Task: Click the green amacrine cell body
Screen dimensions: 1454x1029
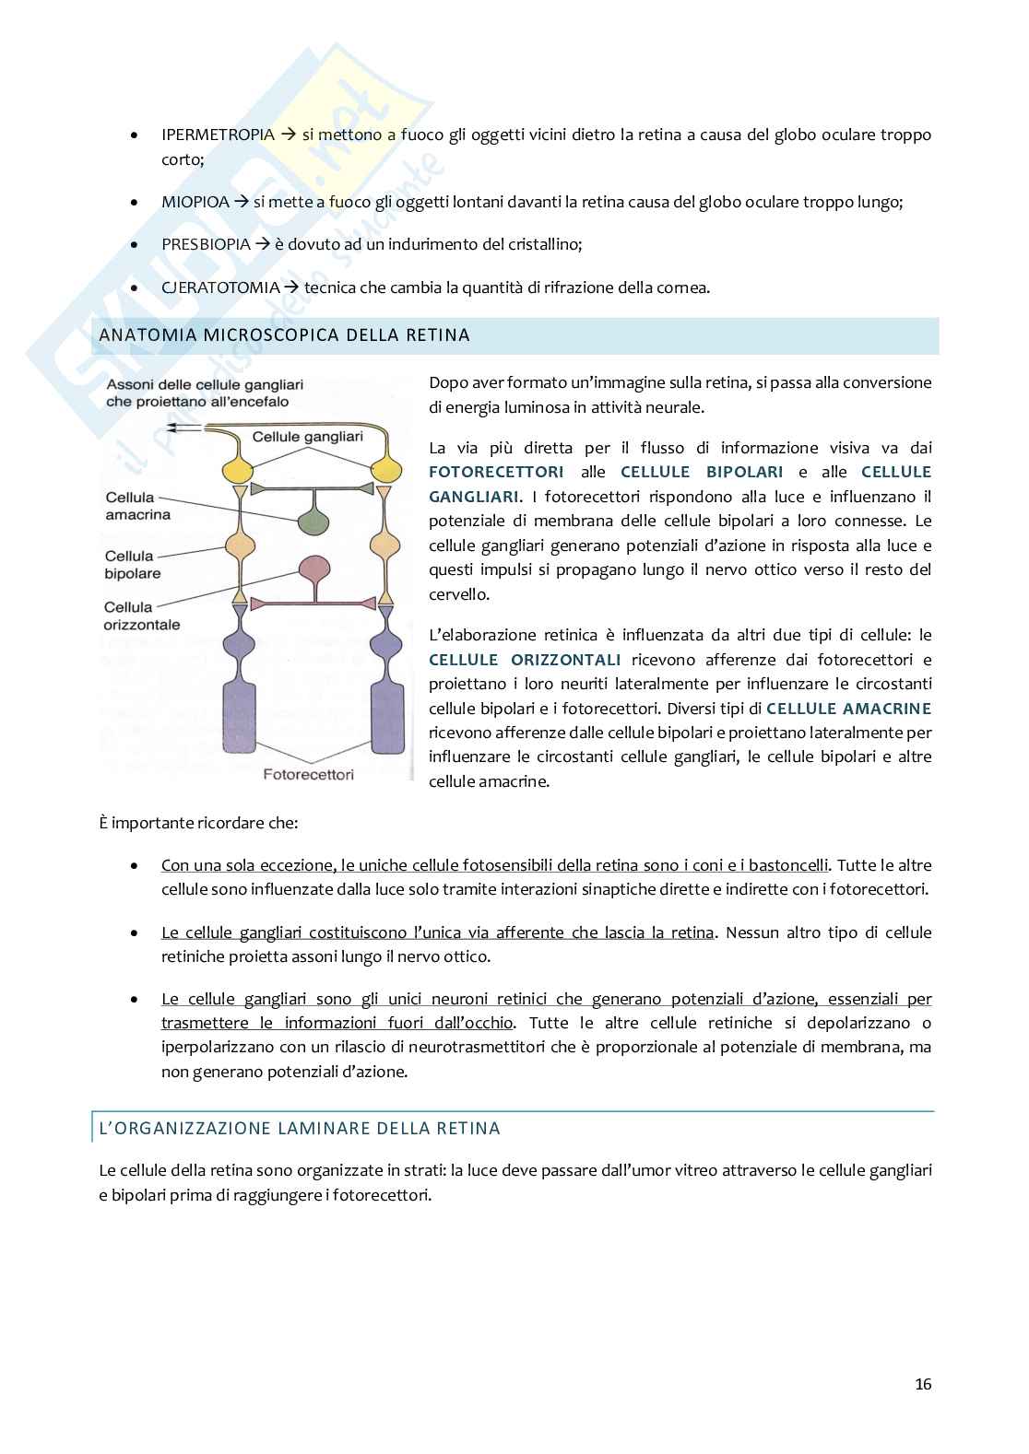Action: (316, 522)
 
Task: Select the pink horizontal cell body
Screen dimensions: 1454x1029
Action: (316, 568)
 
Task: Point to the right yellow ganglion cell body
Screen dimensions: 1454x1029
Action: (385, 469)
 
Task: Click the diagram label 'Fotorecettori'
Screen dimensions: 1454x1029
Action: (308, 774)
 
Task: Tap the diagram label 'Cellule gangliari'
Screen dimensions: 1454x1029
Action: (307, 437)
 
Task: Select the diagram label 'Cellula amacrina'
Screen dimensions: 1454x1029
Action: (137, 506)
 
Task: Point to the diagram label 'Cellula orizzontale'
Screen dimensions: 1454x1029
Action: (142, 616)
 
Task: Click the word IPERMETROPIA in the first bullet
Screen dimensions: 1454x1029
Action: (218, 135)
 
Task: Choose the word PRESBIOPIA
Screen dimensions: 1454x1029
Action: (206, 244)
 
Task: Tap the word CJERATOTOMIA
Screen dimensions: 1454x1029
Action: (220, 287)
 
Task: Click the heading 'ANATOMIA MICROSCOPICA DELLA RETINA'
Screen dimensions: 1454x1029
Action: (284, 335)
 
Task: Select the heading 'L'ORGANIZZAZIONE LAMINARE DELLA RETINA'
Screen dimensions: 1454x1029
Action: (300, 1129)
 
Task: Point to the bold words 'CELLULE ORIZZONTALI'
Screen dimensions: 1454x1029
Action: (525, 660)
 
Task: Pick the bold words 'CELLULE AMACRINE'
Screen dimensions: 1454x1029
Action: (848, 709)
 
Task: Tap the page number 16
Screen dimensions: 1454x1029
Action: (923, 1384)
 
